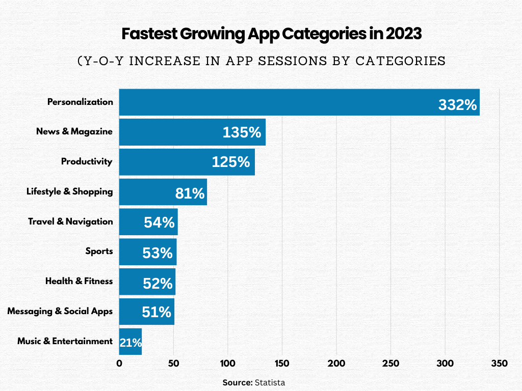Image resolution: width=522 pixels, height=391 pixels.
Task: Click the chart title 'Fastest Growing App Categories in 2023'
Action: click(x=272, y=34)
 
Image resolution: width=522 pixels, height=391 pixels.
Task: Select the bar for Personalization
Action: click(x=299, y=102)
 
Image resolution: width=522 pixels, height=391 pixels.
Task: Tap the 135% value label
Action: click(x=242, y=133)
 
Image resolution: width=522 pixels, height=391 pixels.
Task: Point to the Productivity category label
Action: click(x=87, y=161)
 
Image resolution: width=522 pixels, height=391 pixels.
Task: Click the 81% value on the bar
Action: click(x=190, y=193)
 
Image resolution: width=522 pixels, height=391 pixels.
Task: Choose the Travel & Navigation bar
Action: click(x=148, y=221)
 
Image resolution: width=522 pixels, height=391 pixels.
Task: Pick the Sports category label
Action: click(x=99, y=251)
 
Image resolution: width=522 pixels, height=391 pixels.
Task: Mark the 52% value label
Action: click(x=158, y=283)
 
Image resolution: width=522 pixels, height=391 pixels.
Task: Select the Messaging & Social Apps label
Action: click(x=60, y=311)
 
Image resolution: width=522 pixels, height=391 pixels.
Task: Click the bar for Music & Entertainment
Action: click(x=130, y=341)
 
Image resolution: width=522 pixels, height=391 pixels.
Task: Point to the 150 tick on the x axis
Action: click(x=282, y=364)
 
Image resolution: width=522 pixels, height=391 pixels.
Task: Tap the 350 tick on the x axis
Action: click(x=499, y=364)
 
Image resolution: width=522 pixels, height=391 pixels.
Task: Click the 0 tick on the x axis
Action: click(x=119, y=364)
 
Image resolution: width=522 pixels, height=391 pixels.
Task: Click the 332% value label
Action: click(x=457, y=105)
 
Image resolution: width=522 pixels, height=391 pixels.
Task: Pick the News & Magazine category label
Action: click(x=74, y=131)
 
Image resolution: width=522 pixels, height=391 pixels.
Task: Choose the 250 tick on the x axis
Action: click(x=390, y=364)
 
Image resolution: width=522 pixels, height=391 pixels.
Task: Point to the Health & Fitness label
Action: click(x=79, y=281)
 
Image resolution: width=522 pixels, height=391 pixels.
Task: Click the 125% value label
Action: click(x=231, y=162)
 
